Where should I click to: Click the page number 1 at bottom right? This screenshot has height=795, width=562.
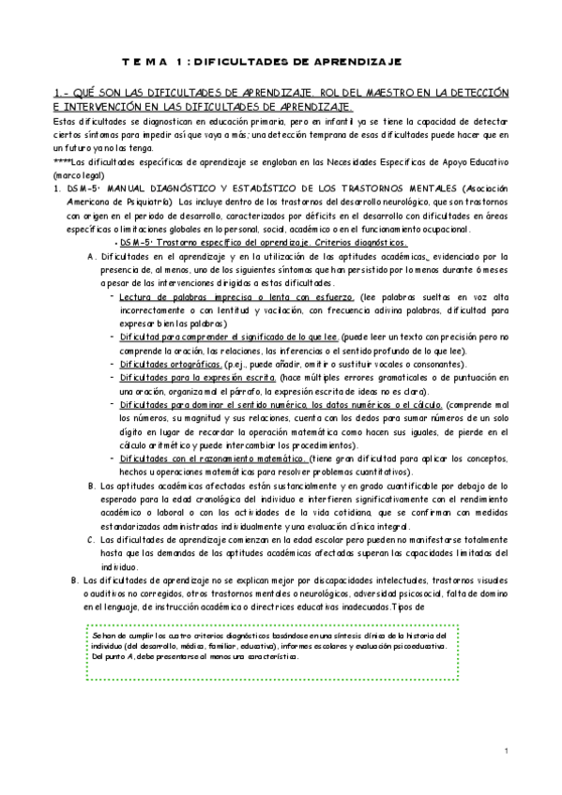(505, 751)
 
